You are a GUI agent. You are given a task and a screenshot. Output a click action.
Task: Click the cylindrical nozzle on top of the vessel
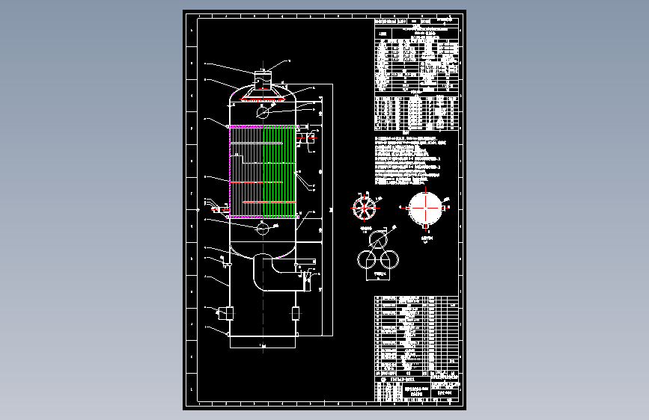(262, 78)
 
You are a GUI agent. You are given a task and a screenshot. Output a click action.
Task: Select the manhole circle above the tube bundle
(262, 113)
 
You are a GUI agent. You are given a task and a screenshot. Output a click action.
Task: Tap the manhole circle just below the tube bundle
(262, 228)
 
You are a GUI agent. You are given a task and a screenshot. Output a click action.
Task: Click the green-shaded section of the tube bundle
(278, 172)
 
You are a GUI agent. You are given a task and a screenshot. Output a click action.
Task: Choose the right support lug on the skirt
(295, 313)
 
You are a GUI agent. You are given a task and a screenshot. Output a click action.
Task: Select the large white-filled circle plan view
(426, 206)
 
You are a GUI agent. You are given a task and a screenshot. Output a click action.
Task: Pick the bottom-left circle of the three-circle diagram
(367, 260)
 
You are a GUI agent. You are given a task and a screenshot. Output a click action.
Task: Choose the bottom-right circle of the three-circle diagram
(389, 260)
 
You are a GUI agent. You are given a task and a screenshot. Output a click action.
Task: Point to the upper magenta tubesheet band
(262, 127)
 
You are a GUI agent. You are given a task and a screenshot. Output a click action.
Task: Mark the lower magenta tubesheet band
(262, 217)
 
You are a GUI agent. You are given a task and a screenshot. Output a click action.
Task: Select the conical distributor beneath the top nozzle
(262, 95)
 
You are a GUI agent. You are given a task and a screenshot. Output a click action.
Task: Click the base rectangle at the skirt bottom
(262, 341)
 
